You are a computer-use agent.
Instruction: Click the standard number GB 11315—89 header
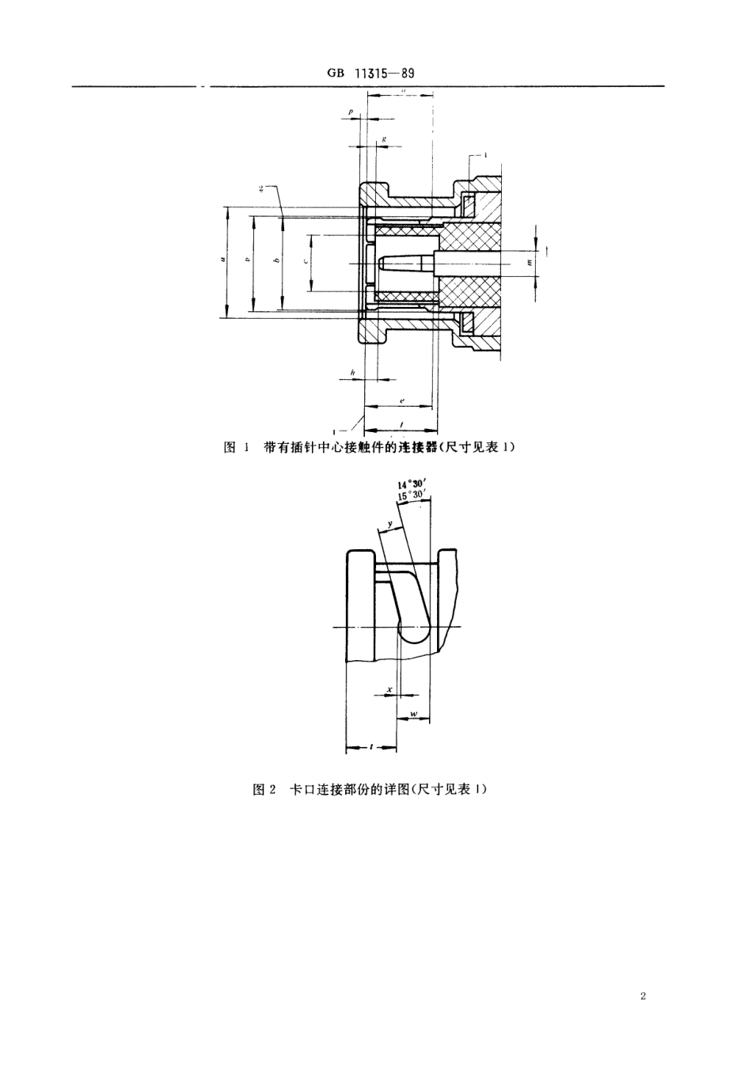tap(370, 74)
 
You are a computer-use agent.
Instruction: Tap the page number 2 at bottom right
tap(644, 996)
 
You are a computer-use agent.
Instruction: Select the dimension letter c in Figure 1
tap(305, 261)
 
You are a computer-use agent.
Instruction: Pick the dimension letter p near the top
tap(351, 112)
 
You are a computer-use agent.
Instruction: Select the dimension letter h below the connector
tap(352, 372)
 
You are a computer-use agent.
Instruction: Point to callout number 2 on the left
tap(260, 188)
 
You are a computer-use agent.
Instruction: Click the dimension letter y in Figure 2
tap(390, 524)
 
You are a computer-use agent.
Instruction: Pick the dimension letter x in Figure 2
tap(389, 689)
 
